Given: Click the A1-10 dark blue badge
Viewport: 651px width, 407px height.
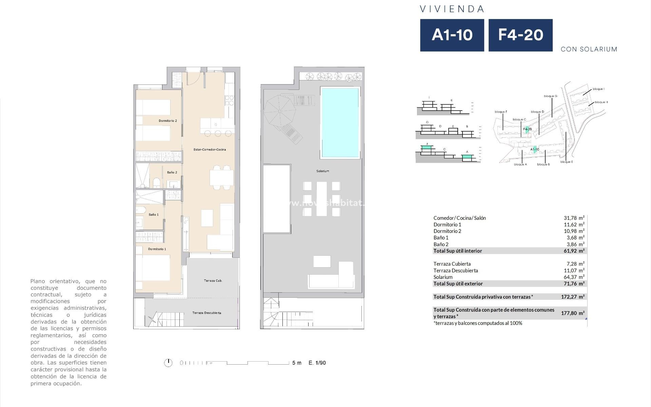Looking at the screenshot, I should pos(452,35).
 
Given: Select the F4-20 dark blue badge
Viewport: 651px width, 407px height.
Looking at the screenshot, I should pos(520,35).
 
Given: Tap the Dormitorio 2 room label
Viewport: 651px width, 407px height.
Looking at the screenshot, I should pos(168,121).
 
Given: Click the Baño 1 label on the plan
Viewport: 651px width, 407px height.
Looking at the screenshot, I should pos(153,215).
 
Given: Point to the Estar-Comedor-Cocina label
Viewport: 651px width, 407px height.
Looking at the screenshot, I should pos(209,150).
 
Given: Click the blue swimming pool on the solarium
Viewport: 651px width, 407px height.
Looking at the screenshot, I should pos(340,122).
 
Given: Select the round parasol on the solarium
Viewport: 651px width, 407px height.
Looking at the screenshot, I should pos(279,111).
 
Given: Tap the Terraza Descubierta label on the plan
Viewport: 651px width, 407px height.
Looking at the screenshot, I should pos(206,313).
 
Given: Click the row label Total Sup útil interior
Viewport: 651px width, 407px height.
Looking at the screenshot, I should pos(457,251).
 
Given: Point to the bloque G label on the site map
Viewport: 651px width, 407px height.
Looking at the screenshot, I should pos(550,96).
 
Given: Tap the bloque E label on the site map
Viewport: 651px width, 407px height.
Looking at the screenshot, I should pos(567,162).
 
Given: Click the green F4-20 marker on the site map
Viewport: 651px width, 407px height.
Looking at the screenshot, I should pos(527,129).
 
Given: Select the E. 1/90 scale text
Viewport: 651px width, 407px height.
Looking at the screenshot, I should pos(317,363).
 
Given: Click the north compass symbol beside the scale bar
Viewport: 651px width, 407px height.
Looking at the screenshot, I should pos(168,363).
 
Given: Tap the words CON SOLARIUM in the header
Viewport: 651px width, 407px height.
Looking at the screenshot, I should pos(589,50).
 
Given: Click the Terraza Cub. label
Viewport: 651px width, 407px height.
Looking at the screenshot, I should pos(213,281).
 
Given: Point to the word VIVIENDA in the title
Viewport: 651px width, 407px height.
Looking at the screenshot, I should pos(452,9).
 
